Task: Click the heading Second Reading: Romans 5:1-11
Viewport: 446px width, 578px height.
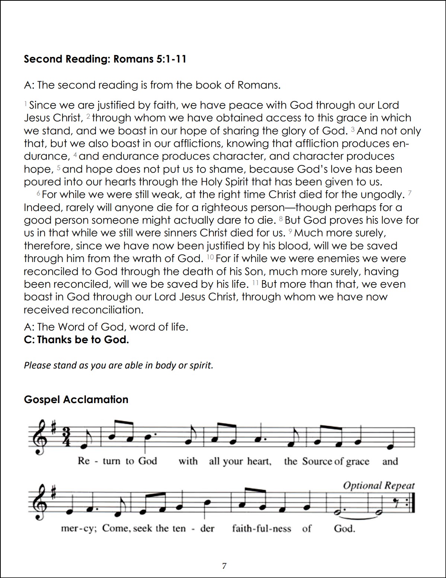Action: coord(105,59)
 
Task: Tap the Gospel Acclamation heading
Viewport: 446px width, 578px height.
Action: coord(76,399)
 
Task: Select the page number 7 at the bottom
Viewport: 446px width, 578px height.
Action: coord(224,566)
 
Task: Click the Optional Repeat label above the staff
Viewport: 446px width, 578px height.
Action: coord(378,486)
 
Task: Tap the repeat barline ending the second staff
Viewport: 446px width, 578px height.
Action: coord(411,503)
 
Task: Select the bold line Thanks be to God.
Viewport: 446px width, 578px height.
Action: coord(76,340)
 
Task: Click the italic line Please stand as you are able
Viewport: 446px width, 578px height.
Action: coord(118,365)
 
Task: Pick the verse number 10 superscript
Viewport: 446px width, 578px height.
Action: coord(210,258)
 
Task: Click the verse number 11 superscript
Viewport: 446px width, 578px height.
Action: coord(255,283)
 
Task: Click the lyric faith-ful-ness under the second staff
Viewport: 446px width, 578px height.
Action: coord(261,528)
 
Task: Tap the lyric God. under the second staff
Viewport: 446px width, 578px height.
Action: coord(344,528)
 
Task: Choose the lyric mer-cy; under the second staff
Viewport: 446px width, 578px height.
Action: coord(79,528)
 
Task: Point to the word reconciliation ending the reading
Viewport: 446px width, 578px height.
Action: coord(107,310)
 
